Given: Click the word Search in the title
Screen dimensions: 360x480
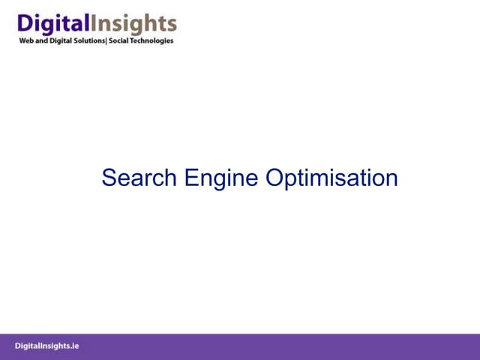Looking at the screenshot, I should (x=139, y=178).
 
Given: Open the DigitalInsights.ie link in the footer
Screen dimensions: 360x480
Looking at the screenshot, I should (x=46, y=346).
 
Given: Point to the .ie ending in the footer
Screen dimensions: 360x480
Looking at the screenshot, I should (x=74, y=346).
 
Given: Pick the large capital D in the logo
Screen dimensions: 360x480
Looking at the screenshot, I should (x=24, y=23).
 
